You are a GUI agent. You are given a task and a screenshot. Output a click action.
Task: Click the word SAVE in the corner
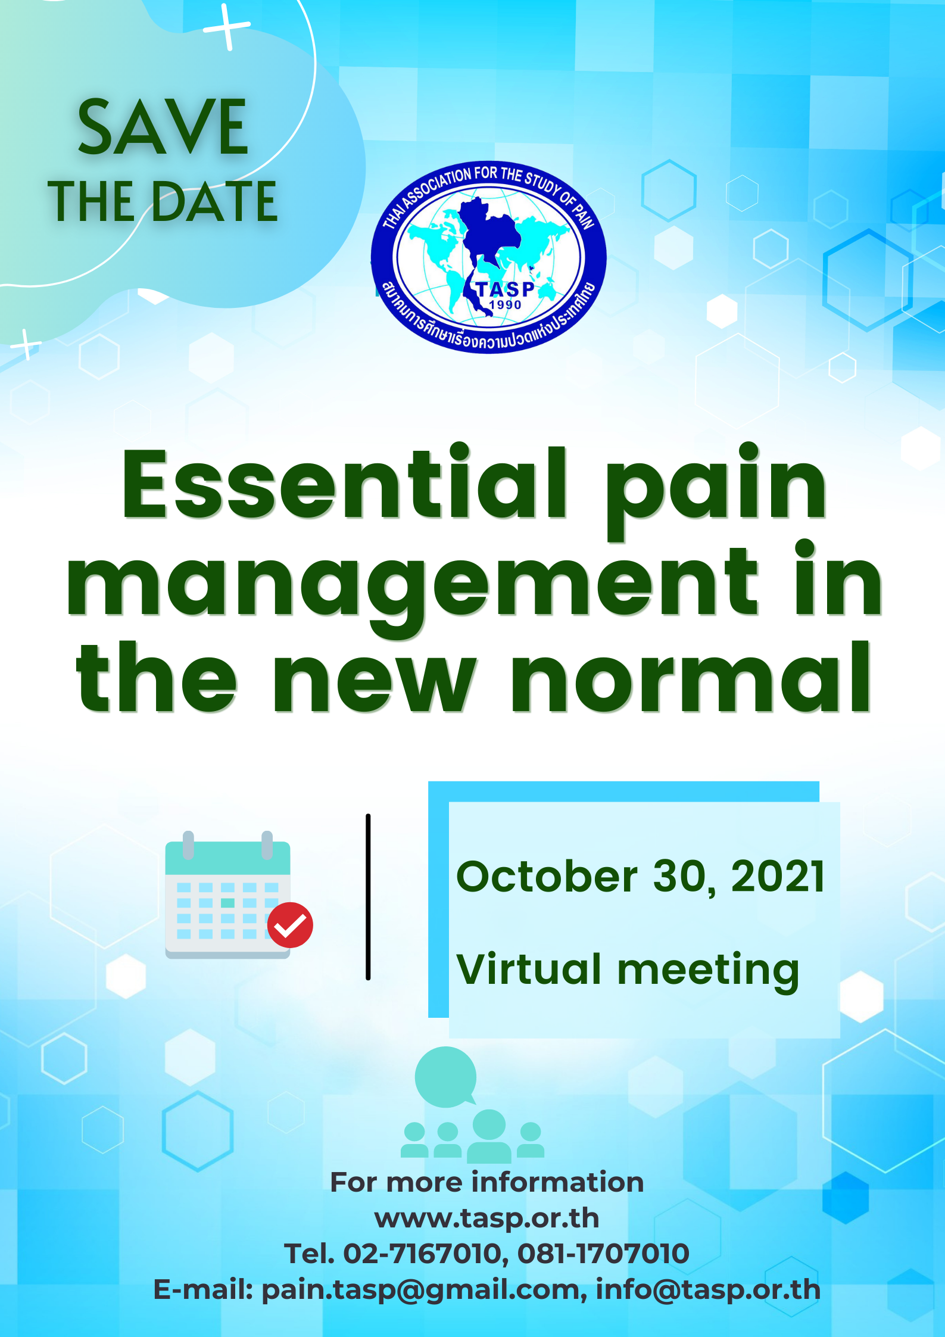163,127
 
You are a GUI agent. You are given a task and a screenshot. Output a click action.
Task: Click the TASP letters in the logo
506,289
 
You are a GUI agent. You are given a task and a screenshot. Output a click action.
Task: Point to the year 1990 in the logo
505,305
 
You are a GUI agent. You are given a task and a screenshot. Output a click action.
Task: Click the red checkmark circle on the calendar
290,925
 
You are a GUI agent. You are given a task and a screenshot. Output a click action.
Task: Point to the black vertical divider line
368,897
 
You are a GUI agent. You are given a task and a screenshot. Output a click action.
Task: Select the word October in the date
547,877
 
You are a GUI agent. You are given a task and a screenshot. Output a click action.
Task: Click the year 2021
778,877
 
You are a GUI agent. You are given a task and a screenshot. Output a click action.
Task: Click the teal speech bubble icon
446,1077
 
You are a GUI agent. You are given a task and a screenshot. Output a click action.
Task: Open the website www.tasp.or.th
486,1218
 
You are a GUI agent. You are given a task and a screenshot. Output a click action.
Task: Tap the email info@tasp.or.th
708,1289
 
